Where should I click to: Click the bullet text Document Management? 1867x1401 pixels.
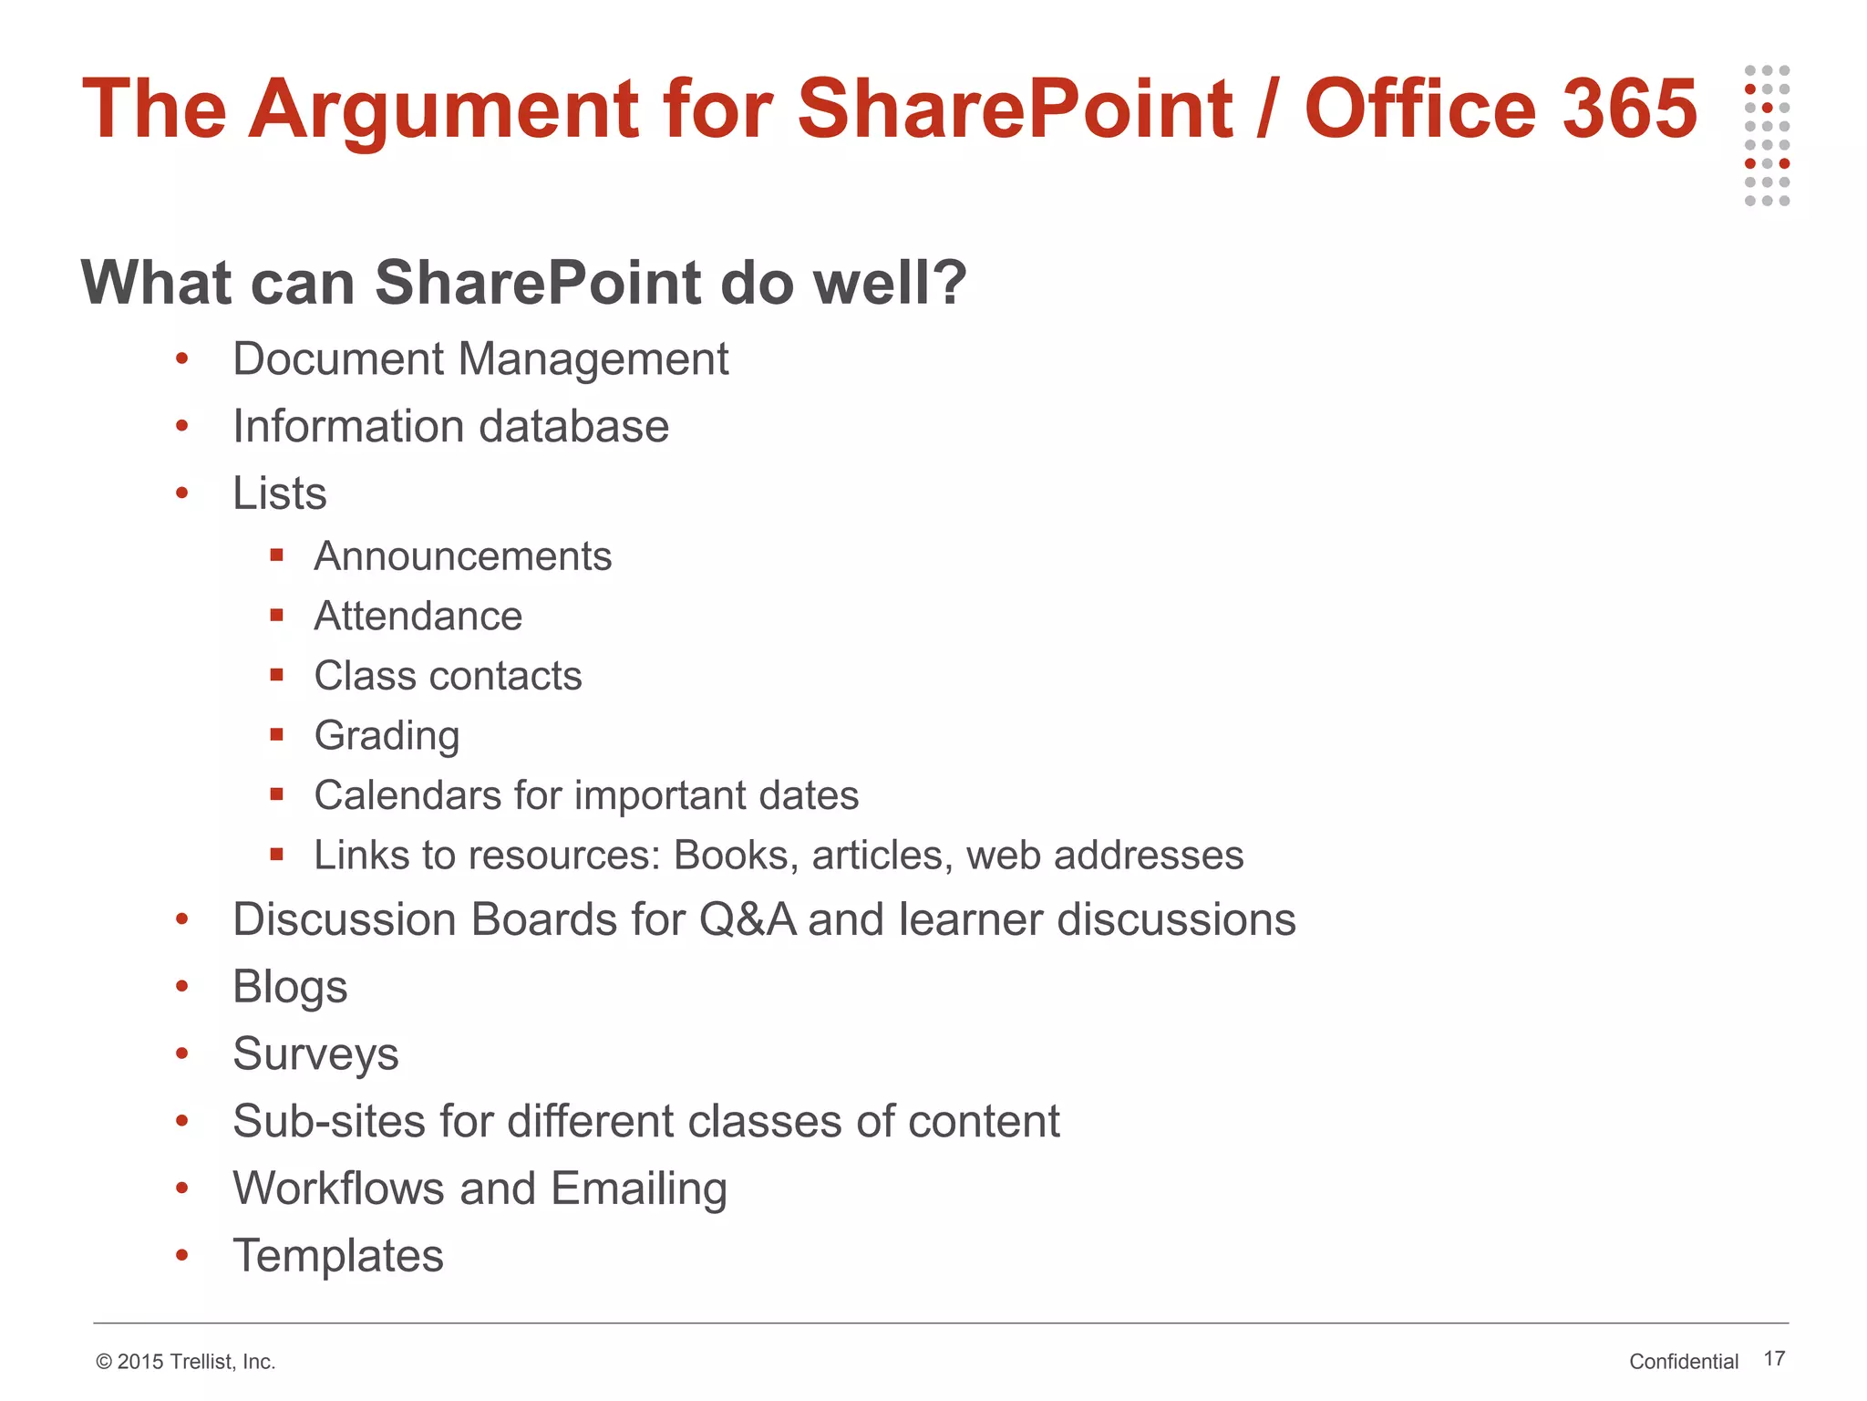coord(480,358)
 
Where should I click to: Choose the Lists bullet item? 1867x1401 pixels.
coord(280,493)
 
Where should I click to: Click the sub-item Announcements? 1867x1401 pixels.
coord(462,556)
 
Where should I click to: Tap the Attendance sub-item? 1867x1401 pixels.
coord(418,617)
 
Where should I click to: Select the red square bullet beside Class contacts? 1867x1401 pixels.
coord(277,675)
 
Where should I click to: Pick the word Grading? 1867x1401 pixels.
coord(387,736)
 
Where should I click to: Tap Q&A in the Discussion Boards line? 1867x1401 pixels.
coord(747,919)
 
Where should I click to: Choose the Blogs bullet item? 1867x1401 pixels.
coord(290,987)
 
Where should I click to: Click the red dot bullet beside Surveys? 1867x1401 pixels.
coord(182,1054)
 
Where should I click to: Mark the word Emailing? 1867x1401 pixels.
coord(638,1188)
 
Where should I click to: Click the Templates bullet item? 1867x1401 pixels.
coord(338,1256)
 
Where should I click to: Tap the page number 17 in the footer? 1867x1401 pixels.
coord(1774,1359)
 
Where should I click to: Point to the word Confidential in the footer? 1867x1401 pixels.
coord(1684,1362)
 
